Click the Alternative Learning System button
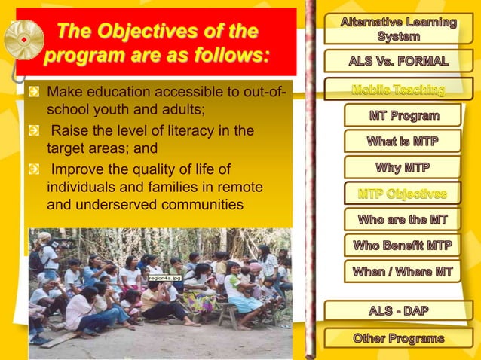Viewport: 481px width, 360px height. [x=397, y=29]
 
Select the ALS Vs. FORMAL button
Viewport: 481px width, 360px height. [x=397, y=61]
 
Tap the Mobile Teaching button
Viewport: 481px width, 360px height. [x=397, y=90]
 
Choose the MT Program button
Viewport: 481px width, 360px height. [x=403, y=116]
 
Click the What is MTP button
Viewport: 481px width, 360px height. [x=403, y=142]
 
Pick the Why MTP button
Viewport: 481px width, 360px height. [x=403, y=166]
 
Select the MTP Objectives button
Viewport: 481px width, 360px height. [x=403, y=194]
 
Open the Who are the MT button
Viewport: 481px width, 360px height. [x=403, y=220]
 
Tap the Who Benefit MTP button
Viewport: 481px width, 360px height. [x=403, y=246]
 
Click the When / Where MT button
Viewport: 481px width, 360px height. [x=403, y=271]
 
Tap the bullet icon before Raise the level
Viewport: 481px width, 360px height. [x=34, y=130]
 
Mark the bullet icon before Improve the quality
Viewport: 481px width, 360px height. [x=34, y=168]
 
